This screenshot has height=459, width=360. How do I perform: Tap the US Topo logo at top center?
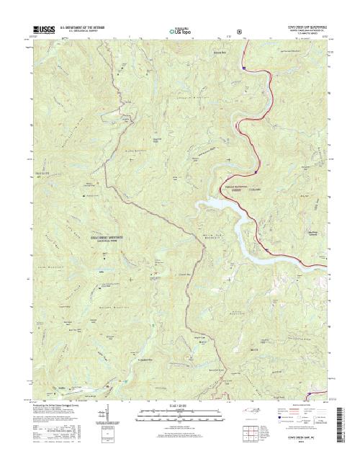179,31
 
